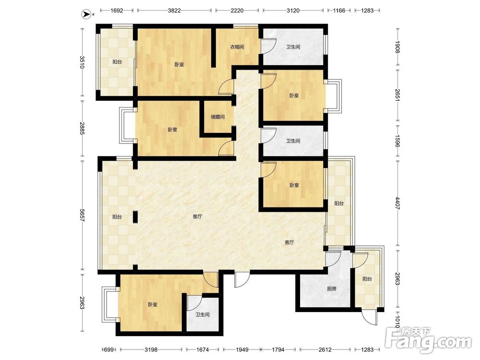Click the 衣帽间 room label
pyautogui.click(x=237, y=47)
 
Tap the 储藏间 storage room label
pyautogui.click(x=217, y=117)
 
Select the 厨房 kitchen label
pyautogui.click(x=332, y=288)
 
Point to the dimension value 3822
pyautogui.click(x=174, y=11)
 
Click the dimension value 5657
pyautogui.click(x=82, y=216)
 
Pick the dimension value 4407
pyautogui.click(x=397, y=203)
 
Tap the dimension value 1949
pyautogui.click(x=242, y=349)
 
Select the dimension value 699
pyautogui.click(x=109, y=349)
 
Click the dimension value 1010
pyautogui.click(x=397, y=322)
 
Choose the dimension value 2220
pyautogui.click(x=237, y=11)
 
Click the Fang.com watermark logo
pyautogui.click(x=428, y=340)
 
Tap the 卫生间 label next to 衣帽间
pyautogui.click(x=293, y=47)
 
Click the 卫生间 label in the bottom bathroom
pyautogui.click(x=203, y=315)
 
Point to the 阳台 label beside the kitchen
pyautogui.click(x=367, y=279)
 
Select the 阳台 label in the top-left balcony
pyautogui.click(x=117, y=62)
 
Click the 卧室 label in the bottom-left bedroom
pyautogui.click(x=153, y=305)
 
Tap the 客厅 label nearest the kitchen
pyautogui.click(x=289, y=242)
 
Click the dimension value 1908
pyautogui.click(x=397, y=47)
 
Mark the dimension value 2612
pyautogui.click(x=325, y=349)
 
